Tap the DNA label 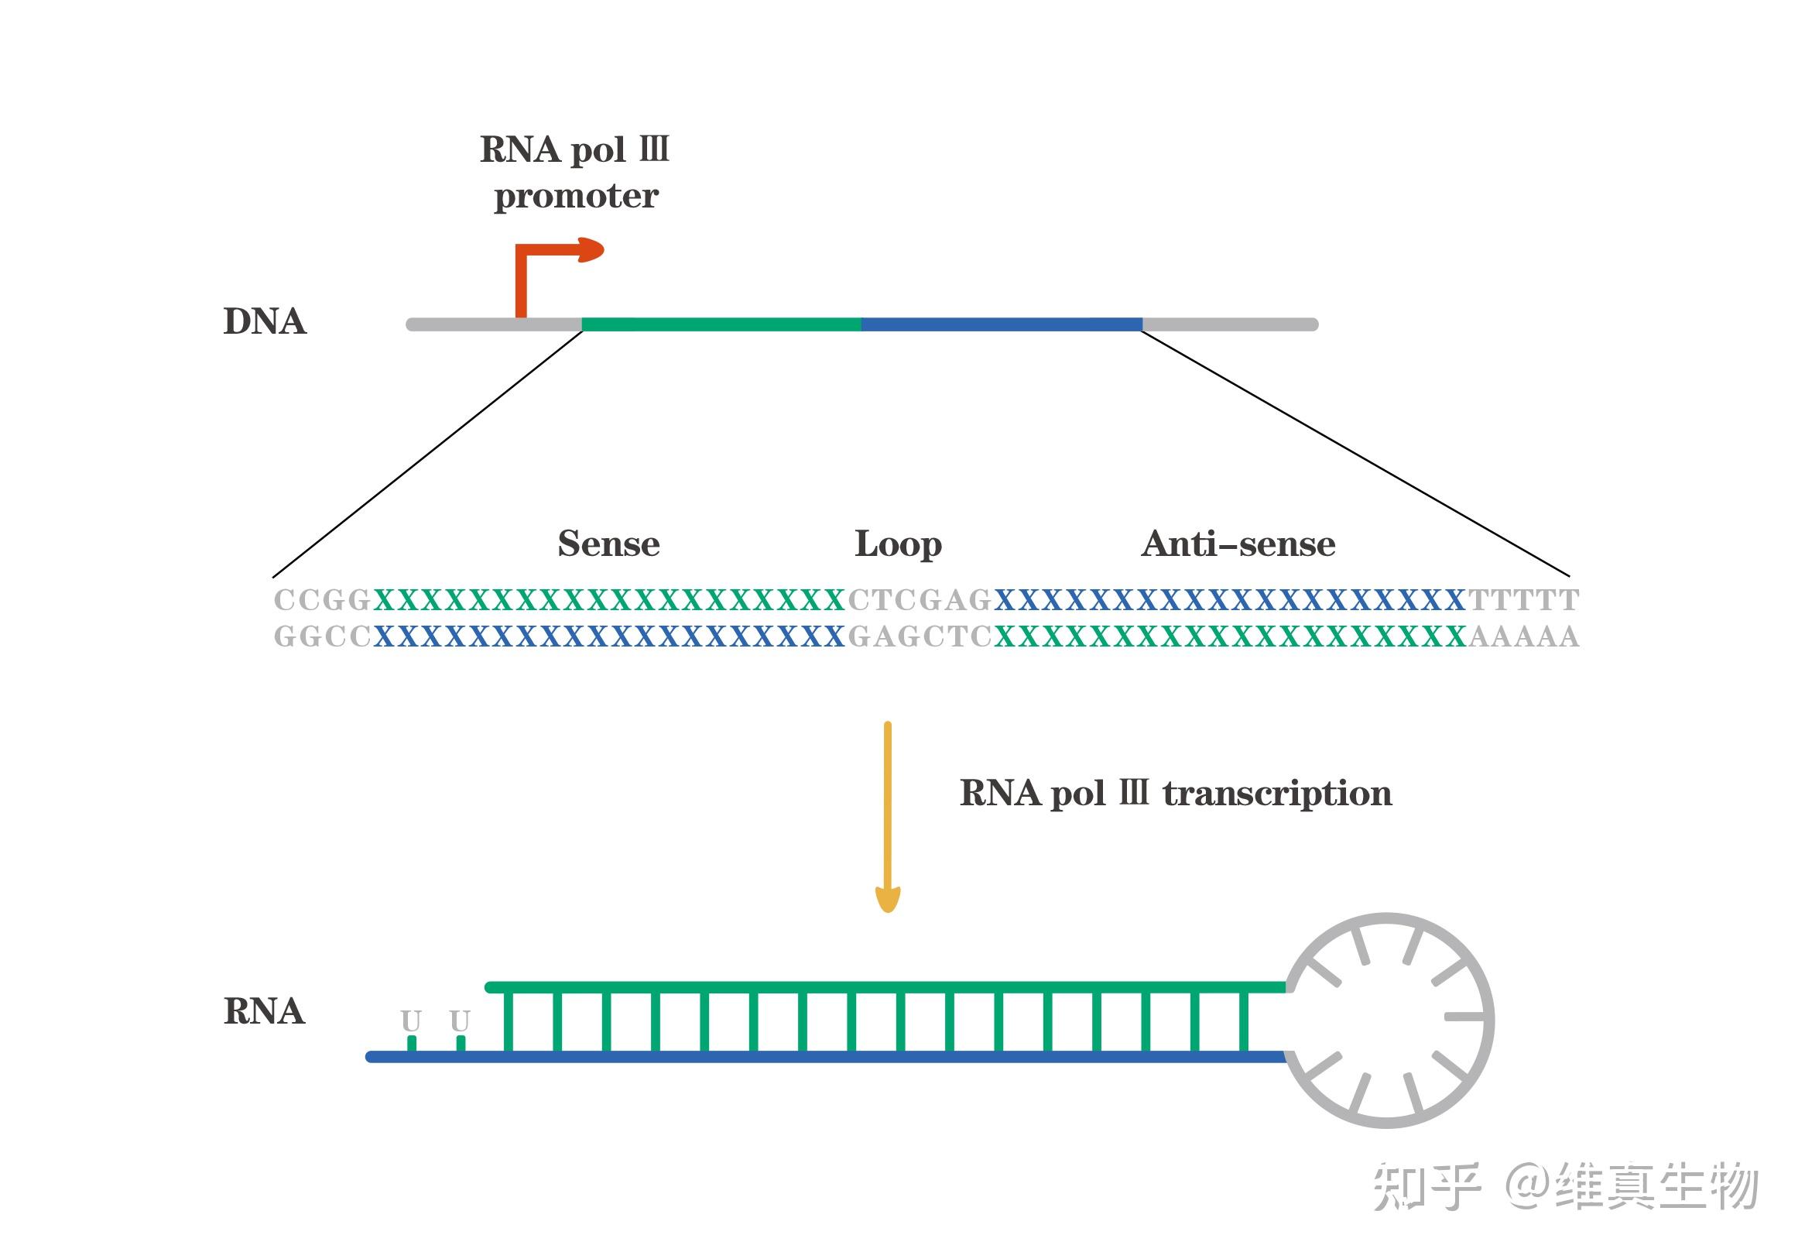(264, 321)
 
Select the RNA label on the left (264, 1011)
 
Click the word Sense (608, 544)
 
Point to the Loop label (898, 544)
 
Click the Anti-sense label (1238, 544)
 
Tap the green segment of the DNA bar (721, 324)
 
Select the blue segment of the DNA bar (1002, 324)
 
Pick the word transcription (1277, 794)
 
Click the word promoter (576, 196)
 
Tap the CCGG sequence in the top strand (322, 600)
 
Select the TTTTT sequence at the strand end (1523, 600)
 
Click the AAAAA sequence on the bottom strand (1523, 636)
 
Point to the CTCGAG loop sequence (920, 600)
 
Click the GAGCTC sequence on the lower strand (920, 636)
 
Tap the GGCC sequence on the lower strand (322, 636)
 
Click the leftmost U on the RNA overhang (411, 1021)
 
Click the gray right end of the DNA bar (1231, 324)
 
